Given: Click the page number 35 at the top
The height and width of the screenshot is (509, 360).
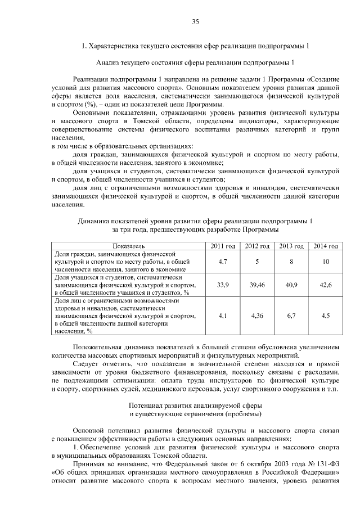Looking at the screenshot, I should [195, 22].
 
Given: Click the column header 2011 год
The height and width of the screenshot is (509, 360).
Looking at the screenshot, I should [222, 246].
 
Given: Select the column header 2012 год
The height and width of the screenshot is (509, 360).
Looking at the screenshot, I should [256, 246].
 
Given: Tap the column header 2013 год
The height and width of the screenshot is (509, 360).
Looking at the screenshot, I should [291, 246].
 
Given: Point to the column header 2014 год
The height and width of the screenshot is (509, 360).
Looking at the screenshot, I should [326, 246].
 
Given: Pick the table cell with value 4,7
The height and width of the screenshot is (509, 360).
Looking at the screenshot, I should [222, 262].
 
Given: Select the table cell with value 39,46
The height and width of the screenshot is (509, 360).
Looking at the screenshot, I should [256, 285].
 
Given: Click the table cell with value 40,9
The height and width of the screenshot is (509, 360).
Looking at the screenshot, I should [291, 285].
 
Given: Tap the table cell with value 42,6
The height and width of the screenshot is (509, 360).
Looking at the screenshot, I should [326, 285].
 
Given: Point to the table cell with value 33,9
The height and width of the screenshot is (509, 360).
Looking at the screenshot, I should [222, 285].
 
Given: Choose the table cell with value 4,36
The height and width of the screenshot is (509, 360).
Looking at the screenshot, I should [256, 316].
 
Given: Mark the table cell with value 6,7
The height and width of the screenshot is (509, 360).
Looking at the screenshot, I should [291, 316].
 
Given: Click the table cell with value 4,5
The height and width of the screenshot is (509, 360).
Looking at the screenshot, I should [326, 316].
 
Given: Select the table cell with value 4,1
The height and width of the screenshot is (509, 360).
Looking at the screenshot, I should [222, 316].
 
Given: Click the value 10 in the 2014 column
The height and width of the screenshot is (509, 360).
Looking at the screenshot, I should [326, 262].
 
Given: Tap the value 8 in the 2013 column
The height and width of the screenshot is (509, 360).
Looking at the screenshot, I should [291, 262].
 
